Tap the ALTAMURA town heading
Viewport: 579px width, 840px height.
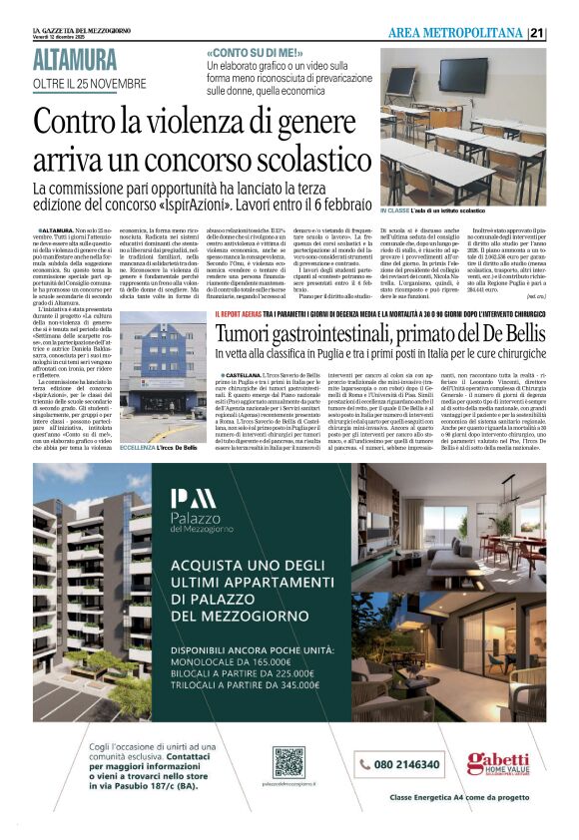click(74, 60)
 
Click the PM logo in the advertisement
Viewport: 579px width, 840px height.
click(193, 499)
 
